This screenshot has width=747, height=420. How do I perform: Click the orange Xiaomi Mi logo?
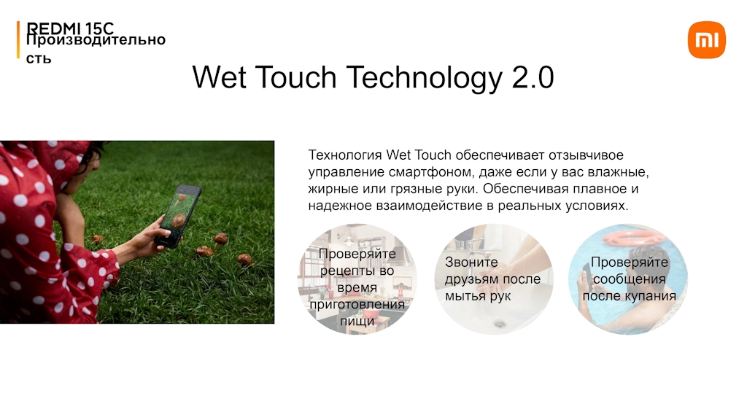[x=706, y=39]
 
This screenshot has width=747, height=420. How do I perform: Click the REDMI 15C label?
[x=70, y=28]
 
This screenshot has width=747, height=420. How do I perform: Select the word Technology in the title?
[x=424, y=78]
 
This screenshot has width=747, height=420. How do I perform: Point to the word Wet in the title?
[x=220, y=77]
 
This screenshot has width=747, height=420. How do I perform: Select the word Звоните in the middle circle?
[x=471, y=262]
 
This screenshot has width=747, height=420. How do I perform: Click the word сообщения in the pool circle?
[x=629, y=279]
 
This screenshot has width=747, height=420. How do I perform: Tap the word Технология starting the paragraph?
[x=345, y=155]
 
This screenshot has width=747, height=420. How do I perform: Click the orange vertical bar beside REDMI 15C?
[x=18, y=39]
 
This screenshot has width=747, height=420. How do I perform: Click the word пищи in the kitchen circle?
[x=357, y=322]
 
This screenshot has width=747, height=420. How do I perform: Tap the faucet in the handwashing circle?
[x=469, y=244]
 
